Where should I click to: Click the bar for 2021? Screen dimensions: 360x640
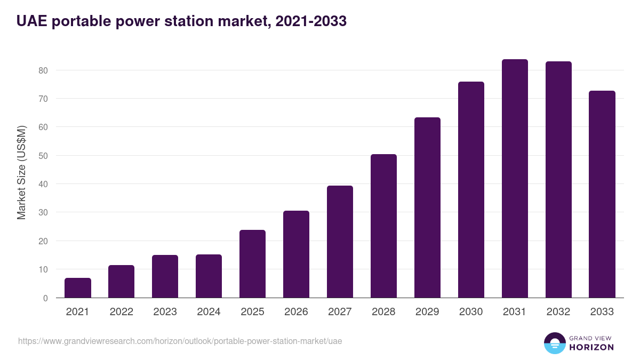pos(78,288)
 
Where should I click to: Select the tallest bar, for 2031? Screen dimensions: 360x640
pos(515,179)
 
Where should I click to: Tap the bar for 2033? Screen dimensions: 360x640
pos(602,195)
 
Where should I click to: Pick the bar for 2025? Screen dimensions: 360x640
pos(252,264)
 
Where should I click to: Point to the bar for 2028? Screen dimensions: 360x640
pos(383,226)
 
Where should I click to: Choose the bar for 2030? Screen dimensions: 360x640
pos(471,190)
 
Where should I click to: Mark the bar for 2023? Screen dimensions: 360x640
pos(165,276)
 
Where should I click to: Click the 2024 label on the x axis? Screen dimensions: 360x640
pos(209,312)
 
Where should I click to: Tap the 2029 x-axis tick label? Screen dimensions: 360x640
pos(427,312)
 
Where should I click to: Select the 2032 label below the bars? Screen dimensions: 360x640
pos(558,312)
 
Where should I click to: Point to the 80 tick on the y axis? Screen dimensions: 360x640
pos(43,70)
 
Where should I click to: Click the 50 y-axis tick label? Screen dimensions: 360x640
pos(43,156)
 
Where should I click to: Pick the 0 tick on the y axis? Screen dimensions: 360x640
pos(45,298)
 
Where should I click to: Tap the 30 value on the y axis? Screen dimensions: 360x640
pos(43,213)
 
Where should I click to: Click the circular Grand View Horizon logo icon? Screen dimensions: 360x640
pos(554,343)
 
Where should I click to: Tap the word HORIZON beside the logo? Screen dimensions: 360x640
pos(591,347)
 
